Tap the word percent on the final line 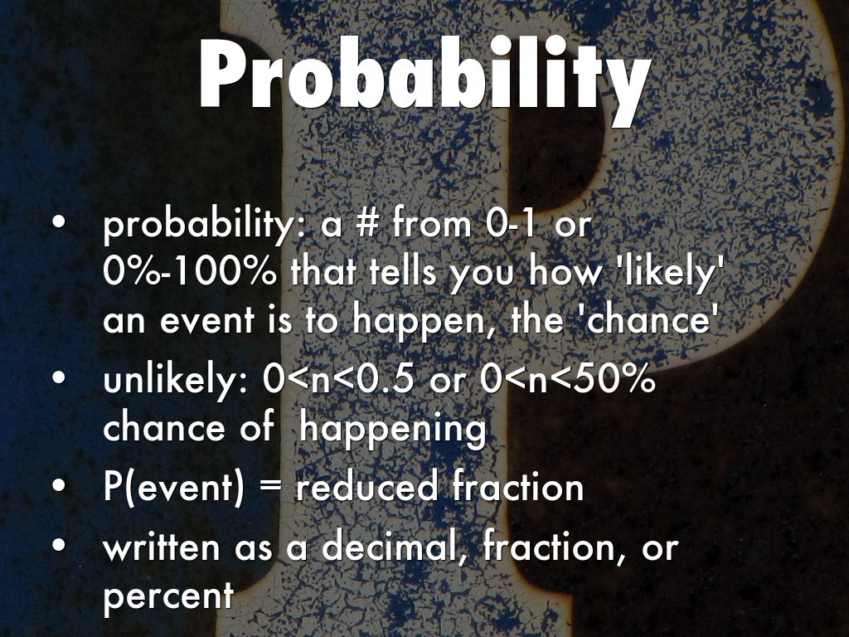pyautogui.click(x=167, y=596)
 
